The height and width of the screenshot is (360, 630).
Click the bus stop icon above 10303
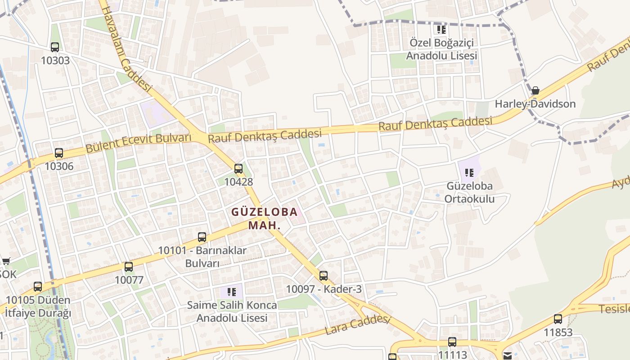pyautogui.click(x=55, y=47)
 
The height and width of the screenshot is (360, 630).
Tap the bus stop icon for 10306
pyautogui.click(x=59, y=153)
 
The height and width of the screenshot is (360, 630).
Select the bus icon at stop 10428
pyautogui.click(x=238, y=169)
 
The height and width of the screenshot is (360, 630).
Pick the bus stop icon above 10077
pyautogui.click(x=129, y=267)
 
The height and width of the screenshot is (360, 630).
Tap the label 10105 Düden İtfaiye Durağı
pyautogui.click(x=38, y=306)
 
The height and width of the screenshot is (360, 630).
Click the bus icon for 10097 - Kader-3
pyautogui.click(x=324, y=276)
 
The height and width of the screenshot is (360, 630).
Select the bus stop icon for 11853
pyautogui.click(x=558, y=319)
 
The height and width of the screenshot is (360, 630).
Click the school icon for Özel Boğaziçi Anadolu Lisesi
pyautogui.click(x=441, y=30)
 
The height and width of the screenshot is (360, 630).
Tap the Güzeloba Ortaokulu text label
pyautogui.click(x=469, y=192)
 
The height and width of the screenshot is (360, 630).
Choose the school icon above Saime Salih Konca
pyautogui.click(x=232, y=292)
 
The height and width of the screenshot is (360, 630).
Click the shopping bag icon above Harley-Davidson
pyautogui.click(x=535, y=90)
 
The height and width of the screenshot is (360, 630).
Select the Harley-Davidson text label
pyautogui.click(x=535, y=104)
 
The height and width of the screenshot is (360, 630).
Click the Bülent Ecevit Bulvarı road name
pyautogui.click(x=139, y=143)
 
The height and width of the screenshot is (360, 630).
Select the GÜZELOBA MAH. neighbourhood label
pyautogui.click(x=265, y=218)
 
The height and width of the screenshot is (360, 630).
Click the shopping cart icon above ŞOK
pyautogui.click(x=6, y=261)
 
